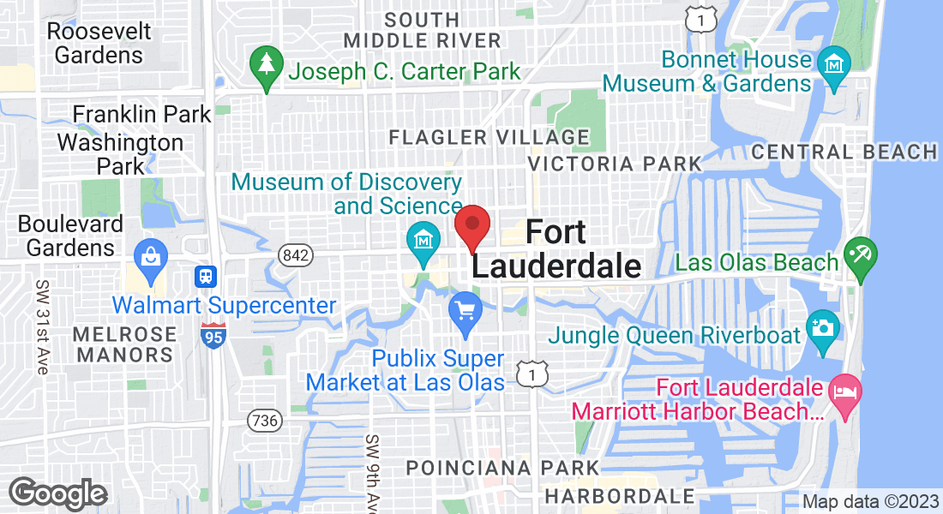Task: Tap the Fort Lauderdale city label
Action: pos(556,248)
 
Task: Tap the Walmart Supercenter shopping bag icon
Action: pos(151,255)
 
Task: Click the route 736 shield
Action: pos(263,420)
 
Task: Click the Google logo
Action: pos(57,493)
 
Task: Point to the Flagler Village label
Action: pos(489,137)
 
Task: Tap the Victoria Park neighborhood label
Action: pos(614,163)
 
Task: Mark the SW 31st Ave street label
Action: pos(41,326)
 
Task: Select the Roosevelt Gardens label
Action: pos(99,43)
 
